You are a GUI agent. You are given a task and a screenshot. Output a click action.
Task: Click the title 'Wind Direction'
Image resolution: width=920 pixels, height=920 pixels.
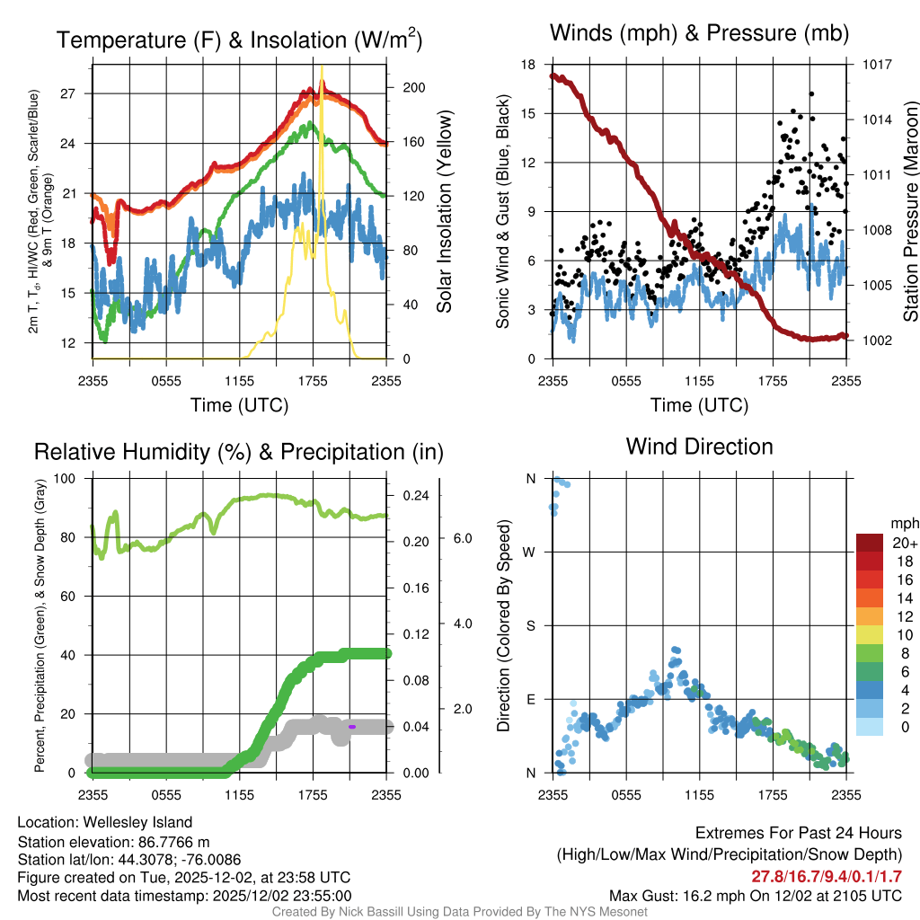click(699, 447)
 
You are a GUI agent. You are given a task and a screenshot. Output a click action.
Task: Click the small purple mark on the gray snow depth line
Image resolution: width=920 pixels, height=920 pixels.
click(352, 726)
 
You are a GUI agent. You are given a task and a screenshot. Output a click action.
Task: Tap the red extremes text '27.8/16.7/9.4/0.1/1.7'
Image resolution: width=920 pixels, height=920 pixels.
click(826, 876)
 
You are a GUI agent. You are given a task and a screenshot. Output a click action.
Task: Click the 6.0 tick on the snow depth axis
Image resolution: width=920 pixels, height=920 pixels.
click(463, 537)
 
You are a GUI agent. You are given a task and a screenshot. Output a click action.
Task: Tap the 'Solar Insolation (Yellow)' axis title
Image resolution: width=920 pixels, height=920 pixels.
click(445, 212)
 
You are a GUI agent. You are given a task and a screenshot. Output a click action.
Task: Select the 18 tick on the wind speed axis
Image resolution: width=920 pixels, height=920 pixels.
click(529, 65)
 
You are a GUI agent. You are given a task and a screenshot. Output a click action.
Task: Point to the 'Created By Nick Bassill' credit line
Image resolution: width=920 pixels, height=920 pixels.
click(460, 912)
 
